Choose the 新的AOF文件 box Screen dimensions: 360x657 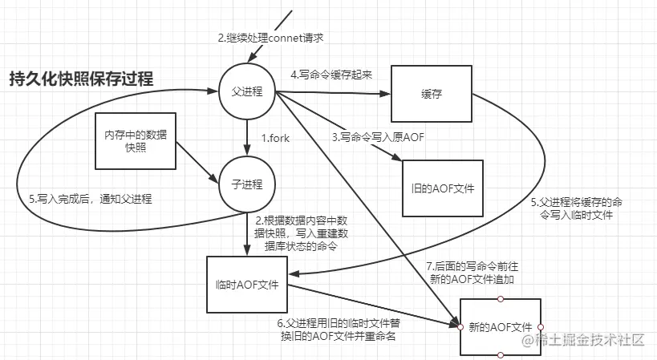pos(500,327)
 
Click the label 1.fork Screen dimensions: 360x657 pos(275,137)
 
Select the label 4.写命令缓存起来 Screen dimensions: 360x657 pos(333,75)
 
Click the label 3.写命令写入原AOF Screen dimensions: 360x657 pos(377,137)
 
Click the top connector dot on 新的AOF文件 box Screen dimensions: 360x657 pos(500,299)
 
